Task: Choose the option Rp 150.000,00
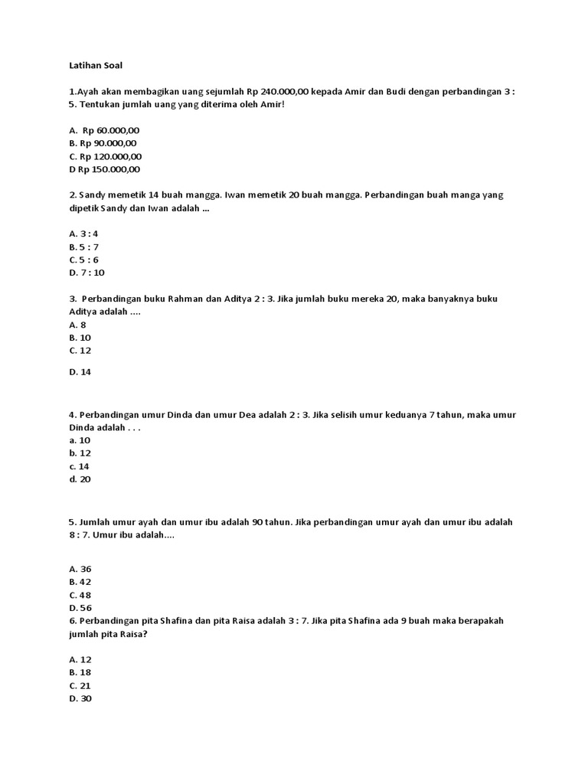tap(107, 169)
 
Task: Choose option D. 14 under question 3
tap(80, 372)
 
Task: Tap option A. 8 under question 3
tap(77, 325)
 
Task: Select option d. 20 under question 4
tap(80, 479)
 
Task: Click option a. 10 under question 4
tap(80, 440)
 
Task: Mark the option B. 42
tap(80, 582)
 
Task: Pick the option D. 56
tap(80, 608)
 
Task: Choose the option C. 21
tap(80, 686)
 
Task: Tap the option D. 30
tap(80, 699)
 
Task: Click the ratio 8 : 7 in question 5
tap(80, 536)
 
